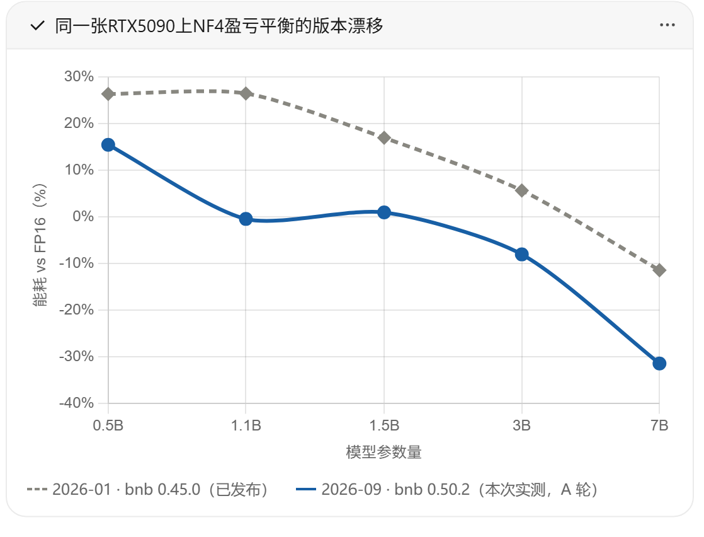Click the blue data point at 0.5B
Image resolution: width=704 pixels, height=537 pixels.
pyautogui.click(x=108, y=145)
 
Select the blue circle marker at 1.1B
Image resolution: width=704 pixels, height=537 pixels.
pyautogui.click(x=246, y=219)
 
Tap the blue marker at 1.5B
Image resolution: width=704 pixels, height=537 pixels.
pyautogui.click(x=384, y=212)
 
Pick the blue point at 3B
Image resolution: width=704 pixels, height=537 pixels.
pyautogui.click(x=522, y=255)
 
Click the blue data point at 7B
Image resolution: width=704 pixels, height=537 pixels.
pyautogui.click(x=659, y=363)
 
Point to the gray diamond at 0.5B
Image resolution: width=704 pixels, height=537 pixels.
pyautogui.click(x=108, y=94)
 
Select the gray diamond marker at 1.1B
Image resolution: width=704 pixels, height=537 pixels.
pyautogui.click(x=246, y=93)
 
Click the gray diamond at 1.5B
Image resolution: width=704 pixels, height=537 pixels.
pyautogui.click(x=384, y=137)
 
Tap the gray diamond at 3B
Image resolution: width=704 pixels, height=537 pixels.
pyautogui.click(x=522, y=190)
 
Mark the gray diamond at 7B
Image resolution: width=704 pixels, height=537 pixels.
pyautogui.click(x=659, y=270)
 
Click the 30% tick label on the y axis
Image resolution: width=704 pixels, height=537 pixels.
pyautogui.click(x=79, y=76)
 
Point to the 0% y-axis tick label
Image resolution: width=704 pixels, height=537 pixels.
pyautogui.click(x=83, y=217)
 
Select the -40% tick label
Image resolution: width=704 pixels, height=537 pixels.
pyautogui.click(x=76, y=403)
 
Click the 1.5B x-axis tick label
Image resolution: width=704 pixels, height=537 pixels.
pyautogui.click(x=384, y=425)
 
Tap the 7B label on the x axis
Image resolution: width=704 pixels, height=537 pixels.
pyautogui.click(x=659, y=425)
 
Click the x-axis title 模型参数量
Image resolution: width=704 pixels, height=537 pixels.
pyautogui.click(x=384, y=452)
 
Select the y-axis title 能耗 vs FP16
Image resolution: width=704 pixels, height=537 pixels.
pyautogui.click(x=40, y=245)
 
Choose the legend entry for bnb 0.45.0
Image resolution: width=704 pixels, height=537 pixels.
pyautogui.click(x=148, y=489)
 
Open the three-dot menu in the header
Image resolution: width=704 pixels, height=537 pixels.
pyautogui.click(x=667, y=25)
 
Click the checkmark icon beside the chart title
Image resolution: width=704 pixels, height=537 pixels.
pyautogui.click(x=37, y=26)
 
